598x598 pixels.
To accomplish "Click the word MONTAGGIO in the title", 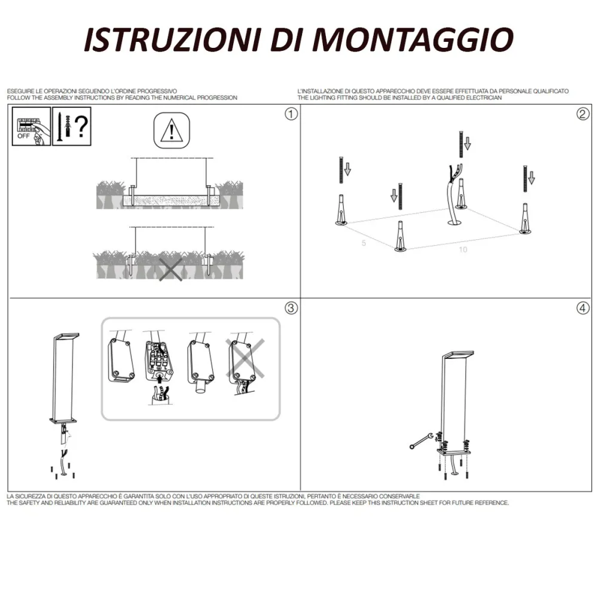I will (413, 40).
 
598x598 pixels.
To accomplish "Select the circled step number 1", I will (291, 114).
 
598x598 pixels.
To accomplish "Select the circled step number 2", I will (582, 114).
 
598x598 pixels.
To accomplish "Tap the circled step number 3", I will (291, 309).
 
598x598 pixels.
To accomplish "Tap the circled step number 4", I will (582, 309).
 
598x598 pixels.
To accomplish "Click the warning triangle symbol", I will (172, 130).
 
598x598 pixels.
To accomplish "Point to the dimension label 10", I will (463, 249).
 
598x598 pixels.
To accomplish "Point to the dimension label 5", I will (363, 244).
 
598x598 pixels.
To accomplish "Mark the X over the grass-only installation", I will (170, 269).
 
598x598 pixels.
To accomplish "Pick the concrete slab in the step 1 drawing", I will (170, 200).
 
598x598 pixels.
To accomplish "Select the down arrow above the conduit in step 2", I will (468, 142).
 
